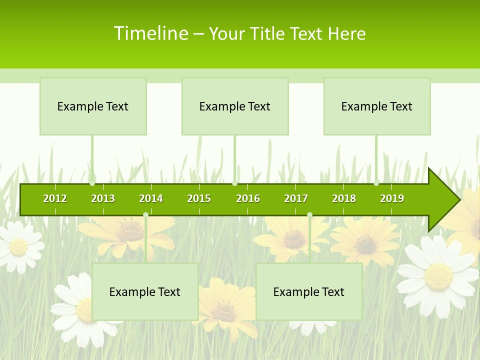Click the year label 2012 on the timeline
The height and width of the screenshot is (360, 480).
(x=55, y=198)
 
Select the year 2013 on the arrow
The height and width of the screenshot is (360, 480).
(x=103, y=198)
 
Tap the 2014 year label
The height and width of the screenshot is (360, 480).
(x=151, y=198)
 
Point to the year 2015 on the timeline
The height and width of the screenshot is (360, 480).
(x=199, y=198)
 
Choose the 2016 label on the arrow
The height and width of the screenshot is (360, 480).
(x=248, y=198)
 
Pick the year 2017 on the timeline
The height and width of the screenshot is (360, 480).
(x=296, y=198)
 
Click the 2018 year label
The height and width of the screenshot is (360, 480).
(x=344, y=198)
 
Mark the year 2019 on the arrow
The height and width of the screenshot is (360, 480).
(x=392, y=198)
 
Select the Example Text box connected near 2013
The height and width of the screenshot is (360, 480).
(x=93, y=106)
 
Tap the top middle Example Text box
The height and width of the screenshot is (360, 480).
(x=235, y=106)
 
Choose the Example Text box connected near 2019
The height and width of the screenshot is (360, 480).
(x=377, y=106)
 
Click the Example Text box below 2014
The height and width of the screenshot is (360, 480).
(x=145, y=292)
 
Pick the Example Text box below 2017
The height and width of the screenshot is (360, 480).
(x=309, y=292)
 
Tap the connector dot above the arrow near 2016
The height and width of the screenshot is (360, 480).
(x=235, y=183)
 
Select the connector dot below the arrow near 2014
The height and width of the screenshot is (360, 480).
(x=145, y=215)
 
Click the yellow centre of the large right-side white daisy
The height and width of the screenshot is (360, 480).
(x=438, y=276)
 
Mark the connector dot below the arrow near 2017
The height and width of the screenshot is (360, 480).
(x=309, y=215)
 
